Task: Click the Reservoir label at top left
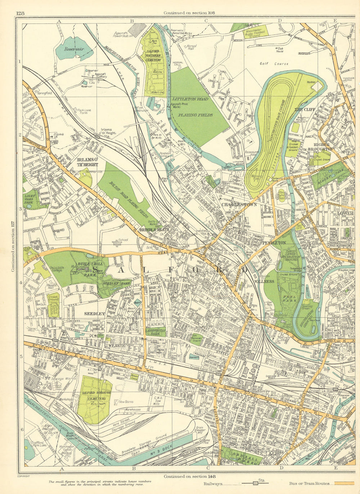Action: [74, 48]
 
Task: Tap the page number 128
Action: [20, 13]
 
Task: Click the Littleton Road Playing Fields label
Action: [190, 107]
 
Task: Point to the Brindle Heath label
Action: [154, 229]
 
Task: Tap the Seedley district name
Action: [94, 313]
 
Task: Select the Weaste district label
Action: [115, 345]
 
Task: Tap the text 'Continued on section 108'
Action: [189, 13]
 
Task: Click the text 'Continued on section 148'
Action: [189, 476]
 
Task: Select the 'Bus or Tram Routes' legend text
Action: [309, 484]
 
